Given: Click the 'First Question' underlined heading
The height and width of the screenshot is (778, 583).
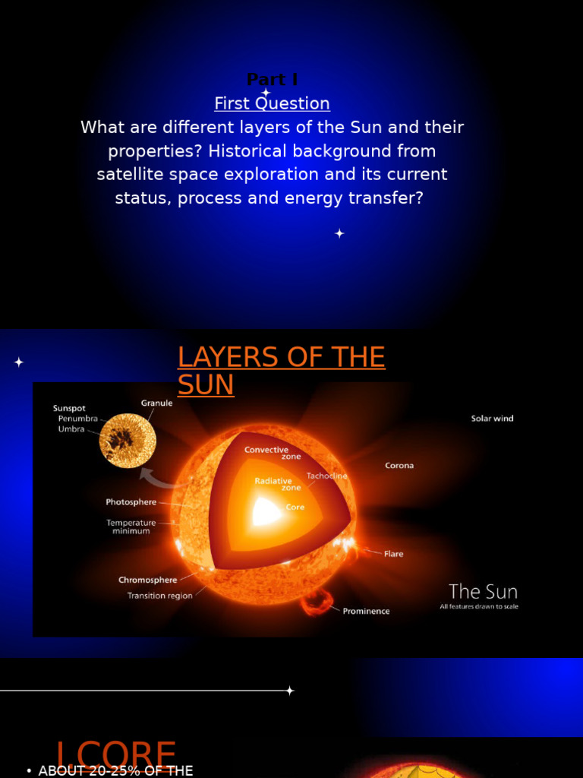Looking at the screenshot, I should pos(272,103).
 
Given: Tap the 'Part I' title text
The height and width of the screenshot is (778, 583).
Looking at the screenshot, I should pos(272,80).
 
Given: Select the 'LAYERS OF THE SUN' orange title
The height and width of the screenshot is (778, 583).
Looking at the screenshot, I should pos(281,371).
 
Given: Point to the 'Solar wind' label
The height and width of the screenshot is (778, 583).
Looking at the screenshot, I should pos(492,419).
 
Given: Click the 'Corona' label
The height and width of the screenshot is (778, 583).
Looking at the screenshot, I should pos(399,466).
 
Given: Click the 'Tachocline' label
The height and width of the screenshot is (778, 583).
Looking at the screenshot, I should pos(326,476).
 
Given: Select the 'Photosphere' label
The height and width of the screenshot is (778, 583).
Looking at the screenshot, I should pos(131,502).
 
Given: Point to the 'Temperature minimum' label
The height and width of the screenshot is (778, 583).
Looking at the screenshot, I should pos(131,527).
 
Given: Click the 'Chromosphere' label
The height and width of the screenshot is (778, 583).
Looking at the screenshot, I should pos(147,580).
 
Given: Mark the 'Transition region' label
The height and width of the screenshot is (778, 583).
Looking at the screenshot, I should pos(159,596).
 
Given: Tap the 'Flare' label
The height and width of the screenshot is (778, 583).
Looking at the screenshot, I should pos(393,554).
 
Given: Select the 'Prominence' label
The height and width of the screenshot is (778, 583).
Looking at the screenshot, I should pos(366,611).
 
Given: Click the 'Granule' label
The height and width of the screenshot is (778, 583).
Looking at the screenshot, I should pos(156,403).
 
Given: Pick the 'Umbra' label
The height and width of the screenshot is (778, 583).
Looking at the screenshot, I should pos(71,429).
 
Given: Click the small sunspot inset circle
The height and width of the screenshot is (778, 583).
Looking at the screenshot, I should pos(128,441).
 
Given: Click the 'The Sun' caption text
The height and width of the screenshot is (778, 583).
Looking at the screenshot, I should pos(483,591).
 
